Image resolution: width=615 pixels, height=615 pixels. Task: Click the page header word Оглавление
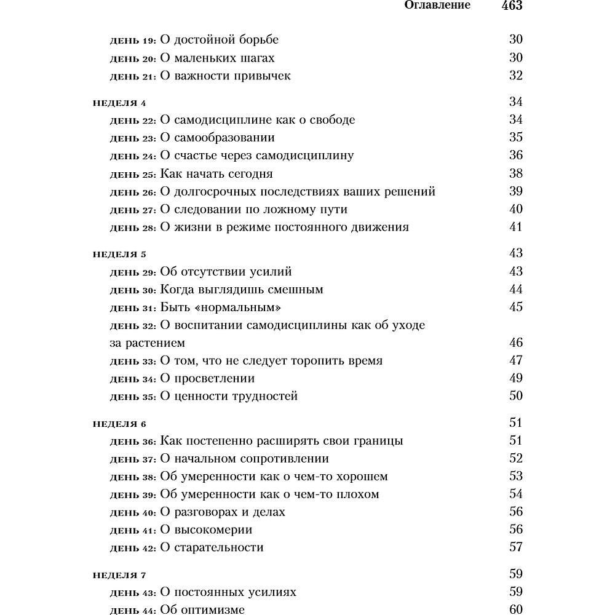[x=437, y=6]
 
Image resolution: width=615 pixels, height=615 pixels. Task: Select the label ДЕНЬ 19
[x=132, y=41]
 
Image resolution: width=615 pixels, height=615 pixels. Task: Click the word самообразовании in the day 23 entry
[x=223, y=138]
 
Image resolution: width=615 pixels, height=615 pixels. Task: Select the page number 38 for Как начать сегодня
[x=515, y=173]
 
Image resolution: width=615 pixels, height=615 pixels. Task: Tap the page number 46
[x=515, y=343]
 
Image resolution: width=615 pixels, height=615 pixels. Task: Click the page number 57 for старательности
[x=515, y=547]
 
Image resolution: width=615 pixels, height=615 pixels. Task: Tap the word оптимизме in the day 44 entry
[x=213, y=610]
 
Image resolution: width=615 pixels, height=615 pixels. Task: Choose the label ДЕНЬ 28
[x=132, y=228]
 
